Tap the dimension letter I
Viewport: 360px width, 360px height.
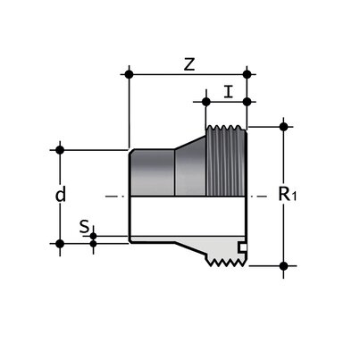coord(229,91)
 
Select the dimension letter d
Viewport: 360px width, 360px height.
coord(62,194)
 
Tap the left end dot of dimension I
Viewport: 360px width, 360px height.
coord(206,101)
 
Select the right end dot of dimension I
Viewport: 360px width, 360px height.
coord(247,101)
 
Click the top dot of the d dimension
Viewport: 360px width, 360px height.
coord(61,148)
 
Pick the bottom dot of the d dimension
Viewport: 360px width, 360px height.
coord(61,242)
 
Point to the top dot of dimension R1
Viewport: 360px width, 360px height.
coord(284,126)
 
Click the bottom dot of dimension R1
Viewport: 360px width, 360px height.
coord(284,265)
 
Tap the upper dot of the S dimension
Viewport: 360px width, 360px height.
coord(94,235)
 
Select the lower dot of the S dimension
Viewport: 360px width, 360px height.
coord(94,242)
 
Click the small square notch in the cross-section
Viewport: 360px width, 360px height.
coord(240,246)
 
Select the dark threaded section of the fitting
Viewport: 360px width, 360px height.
coord(227,162)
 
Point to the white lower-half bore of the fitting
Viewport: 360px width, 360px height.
coord(179,218)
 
